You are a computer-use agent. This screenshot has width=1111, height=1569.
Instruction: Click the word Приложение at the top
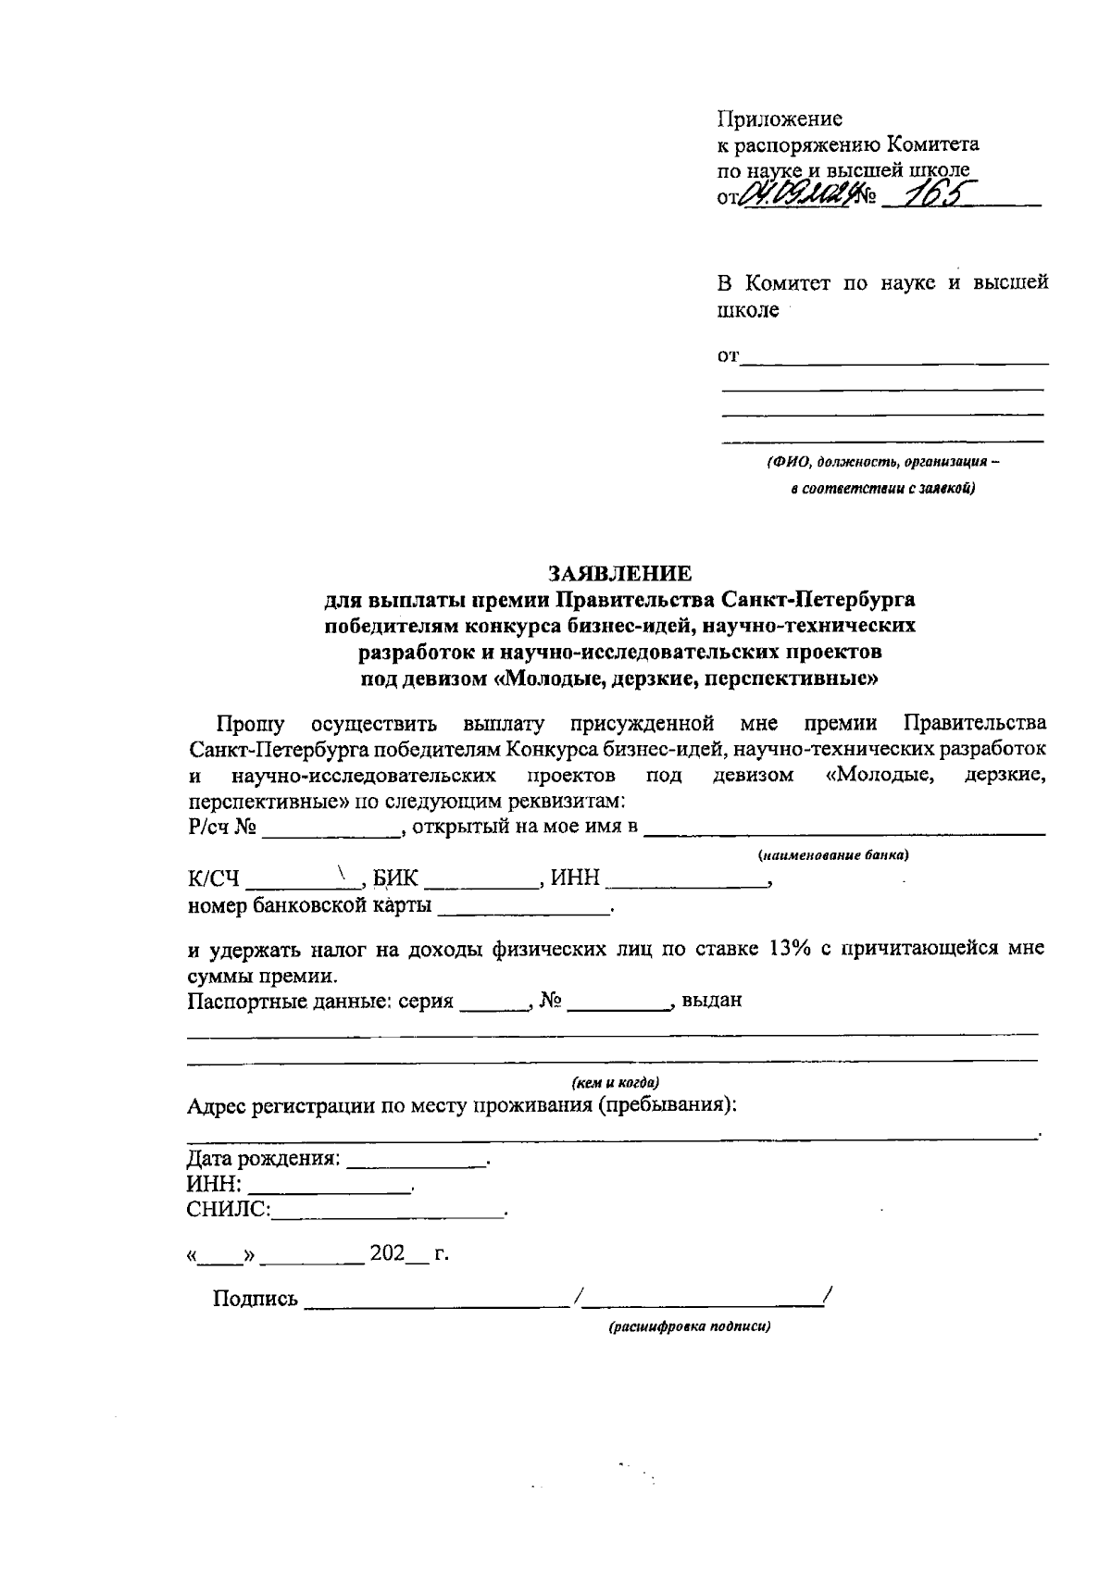point(780,119)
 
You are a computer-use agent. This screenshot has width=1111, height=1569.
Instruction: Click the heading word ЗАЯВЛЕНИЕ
point(619,573)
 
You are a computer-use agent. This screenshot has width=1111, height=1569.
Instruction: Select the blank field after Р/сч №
point(331,829)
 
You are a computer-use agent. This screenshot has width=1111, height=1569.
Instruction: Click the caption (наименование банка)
point(832,855)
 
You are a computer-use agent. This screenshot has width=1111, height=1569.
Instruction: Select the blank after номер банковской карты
point(523,909)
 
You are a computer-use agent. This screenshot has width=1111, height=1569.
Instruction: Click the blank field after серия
point(493,1003)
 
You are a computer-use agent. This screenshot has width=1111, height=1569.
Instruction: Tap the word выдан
point(711,1000)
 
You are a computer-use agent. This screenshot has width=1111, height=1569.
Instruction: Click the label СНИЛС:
point(229,1210)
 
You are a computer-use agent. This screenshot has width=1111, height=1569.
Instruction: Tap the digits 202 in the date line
point(387,1254)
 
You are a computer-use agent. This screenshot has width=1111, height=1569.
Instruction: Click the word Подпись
point(256,1299)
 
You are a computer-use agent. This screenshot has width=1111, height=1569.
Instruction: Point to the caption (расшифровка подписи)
point(689,1326)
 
